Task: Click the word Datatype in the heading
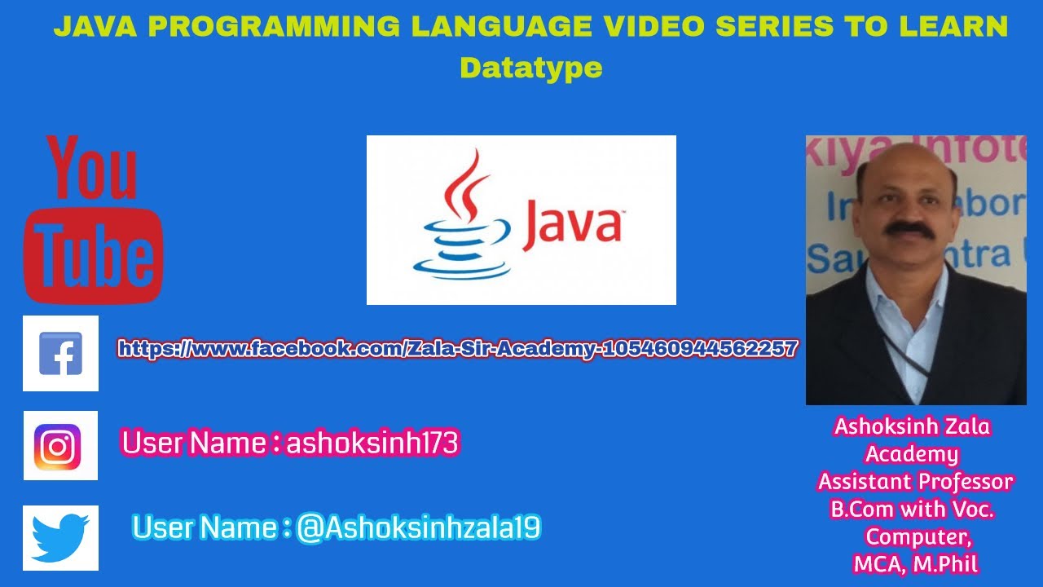click(531, 68)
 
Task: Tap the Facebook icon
click(60, 353)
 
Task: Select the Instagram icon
click(60, 445)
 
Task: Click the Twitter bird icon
click(60, 537)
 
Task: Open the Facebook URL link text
click(457, 349)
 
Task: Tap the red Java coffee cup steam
click(467, 184)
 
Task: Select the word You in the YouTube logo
click(91, 169)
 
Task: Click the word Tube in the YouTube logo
click(94, 256)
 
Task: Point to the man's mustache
click(909, 229)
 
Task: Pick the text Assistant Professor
click(915, 481)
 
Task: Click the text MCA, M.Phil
click(915, 563)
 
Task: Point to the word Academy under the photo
click(912, 453)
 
